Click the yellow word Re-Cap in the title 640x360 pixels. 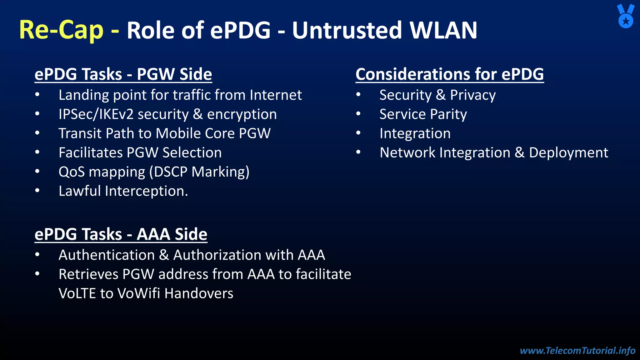click(61, 30)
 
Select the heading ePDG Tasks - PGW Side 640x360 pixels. click(123, 74)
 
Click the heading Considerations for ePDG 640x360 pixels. click(449, 74)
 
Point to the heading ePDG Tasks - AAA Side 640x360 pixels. click(121, 234)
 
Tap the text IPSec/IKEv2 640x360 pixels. click(96, 114)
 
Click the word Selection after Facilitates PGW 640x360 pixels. click(192, 153)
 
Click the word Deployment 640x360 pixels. click(568, 153)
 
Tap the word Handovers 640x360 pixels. click(199, 293)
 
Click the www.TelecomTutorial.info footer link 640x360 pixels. click(577, 350)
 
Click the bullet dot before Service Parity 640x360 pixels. click(358, 114)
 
